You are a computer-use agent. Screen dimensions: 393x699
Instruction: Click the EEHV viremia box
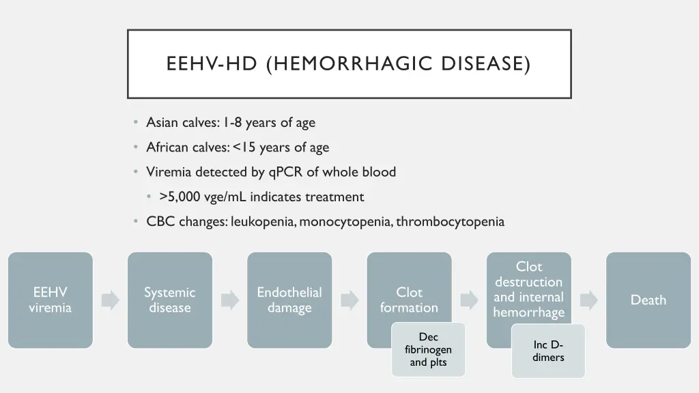(x=50, y=300)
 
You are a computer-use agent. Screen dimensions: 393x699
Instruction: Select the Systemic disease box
(x=169, y=300)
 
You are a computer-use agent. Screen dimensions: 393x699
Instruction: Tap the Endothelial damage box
(x=289, y=300)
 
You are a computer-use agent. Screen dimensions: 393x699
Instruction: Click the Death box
(x=648, y=300)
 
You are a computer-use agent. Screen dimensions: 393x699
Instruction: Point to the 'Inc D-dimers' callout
(x=548, y=351)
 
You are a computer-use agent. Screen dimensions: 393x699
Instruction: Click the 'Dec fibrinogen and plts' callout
(x=428, y=349)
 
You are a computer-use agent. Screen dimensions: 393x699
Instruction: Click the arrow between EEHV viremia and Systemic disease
(x=110, y=300)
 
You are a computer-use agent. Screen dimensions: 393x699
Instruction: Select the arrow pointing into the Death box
(x=588, y=300)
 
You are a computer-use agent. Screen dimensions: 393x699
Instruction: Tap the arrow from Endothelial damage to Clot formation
(x=349, y=300)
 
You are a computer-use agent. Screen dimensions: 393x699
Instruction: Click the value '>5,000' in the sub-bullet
(x=180, y=197)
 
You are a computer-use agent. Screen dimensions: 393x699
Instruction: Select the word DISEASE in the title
(x=485, y=64)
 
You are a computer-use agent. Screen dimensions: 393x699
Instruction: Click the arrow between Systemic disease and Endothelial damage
(x=229, y=300)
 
